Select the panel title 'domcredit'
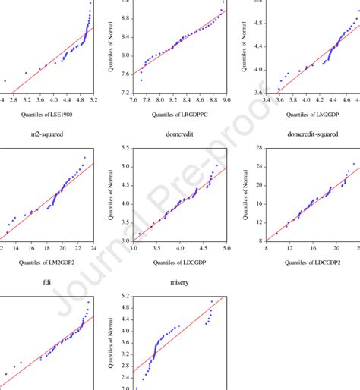coord(179,134)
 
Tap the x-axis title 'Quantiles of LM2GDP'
coord(312,115)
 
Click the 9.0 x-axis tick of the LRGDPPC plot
coord(226,99)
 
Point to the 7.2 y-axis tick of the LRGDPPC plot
coord(122,93)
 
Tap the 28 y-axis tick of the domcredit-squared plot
coord(258,148)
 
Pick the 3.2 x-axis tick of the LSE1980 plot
coord(26,99)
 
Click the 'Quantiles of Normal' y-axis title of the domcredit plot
coord(111,193)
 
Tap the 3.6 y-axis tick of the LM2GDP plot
coord(255,93)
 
